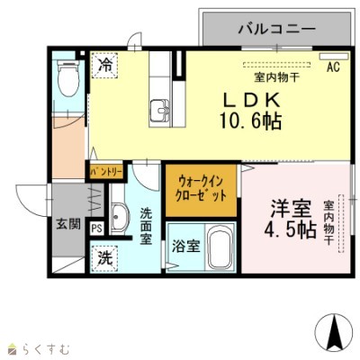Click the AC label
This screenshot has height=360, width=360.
point(332,67)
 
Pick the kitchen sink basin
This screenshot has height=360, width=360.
point(163,110)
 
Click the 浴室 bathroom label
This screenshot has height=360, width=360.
point(187,245)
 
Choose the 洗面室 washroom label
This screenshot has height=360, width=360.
point(146,229)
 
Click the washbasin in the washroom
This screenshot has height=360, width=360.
point(118,217)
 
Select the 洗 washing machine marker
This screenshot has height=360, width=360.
point(106,256)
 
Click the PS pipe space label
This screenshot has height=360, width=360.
point(96,228)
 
